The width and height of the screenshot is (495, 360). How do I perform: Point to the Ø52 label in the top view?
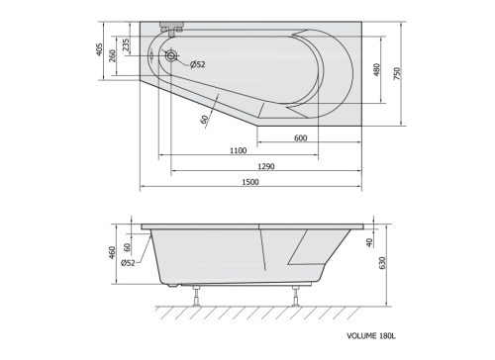click(197, 64)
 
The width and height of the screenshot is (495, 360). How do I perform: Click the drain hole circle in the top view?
click(170, 57)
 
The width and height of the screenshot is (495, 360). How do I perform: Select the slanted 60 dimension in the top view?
click(204, 119)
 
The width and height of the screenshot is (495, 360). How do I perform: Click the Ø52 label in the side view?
click(129, 263)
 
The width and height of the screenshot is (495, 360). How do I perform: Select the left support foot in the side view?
click(198, 295)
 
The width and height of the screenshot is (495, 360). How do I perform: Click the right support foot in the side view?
click(296, 295)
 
